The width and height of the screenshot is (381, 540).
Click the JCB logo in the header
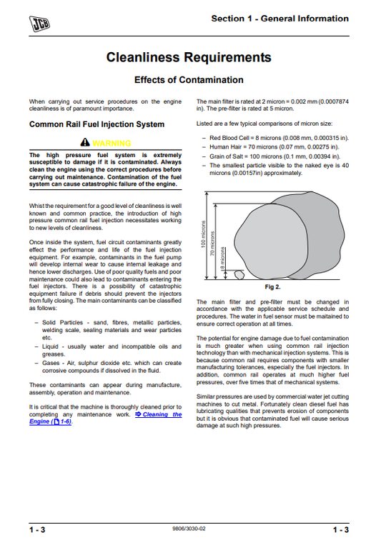[40, 26]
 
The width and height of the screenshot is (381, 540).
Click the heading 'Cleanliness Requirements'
[189, 57]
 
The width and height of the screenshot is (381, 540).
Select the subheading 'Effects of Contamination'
[189, 80]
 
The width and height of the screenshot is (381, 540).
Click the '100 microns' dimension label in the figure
[203, 234]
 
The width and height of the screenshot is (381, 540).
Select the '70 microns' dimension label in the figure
[213, 244]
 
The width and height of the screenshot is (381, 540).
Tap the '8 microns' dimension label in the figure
[222, 257]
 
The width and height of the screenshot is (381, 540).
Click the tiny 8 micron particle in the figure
[240, 274]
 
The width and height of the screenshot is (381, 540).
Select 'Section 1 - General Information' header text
[279, 19]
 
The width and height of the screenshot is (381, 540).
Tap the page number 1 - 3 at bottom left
[38, 529]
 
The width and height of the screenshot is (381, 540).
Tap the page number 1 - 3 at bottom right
[340, 529]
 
